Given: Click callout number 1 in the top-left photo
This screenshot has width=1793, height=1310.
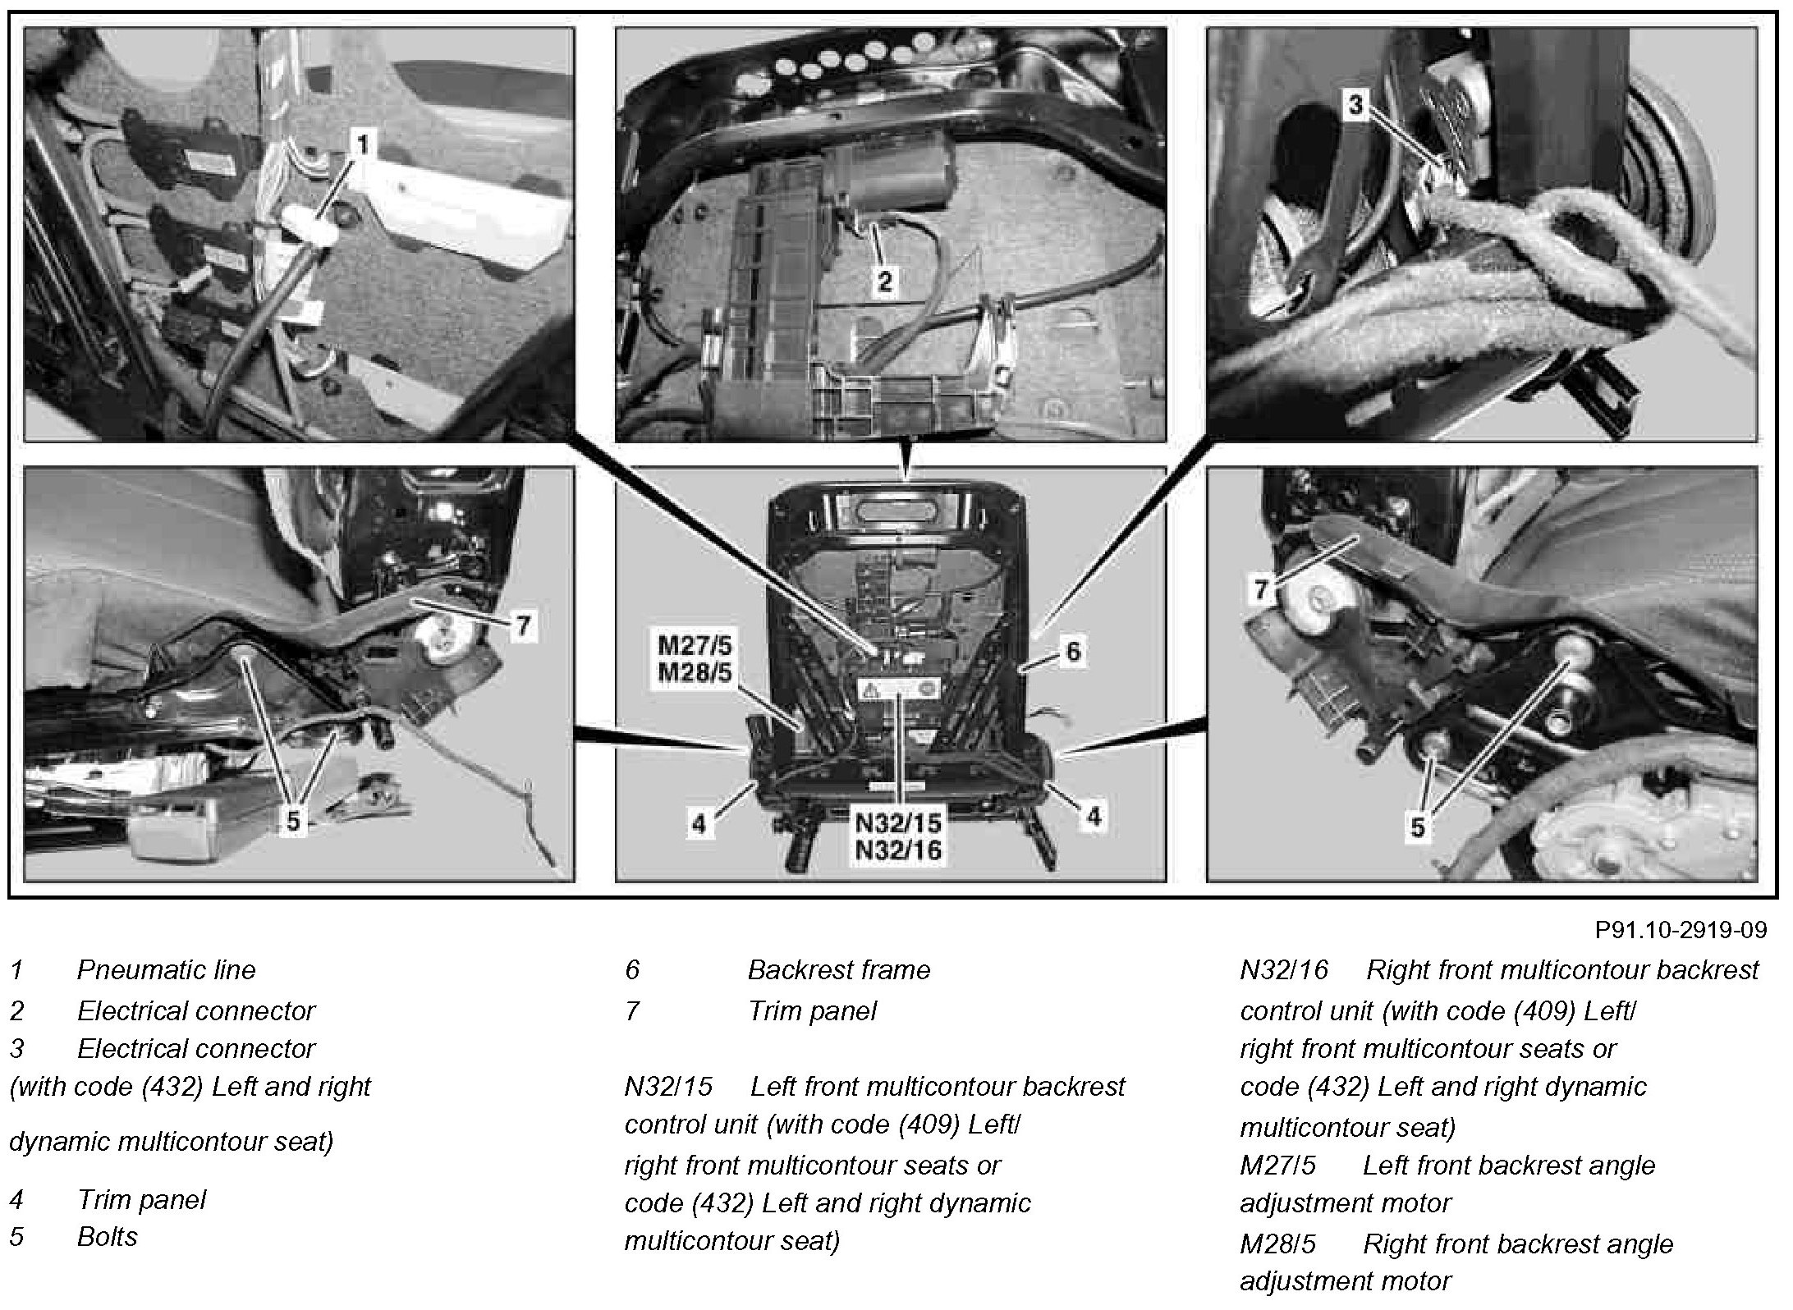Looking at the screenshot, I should tap(361, 145).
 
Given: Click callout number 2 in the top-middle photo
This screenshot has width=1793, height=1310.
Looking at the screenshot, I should tap(884, 281).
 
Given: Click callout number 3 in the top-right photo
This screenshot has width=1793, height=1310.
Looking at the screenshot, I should tap(1355, 104).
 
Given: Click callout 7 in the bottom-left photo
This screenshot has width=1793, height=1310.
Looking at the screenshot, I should tap(523, 626).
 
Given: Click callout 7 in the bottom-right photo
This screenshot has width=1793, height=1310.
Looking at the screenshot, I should tap(1262, 589).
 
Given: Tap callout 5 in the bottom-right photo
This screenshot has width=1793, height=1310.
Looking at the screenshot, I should tap(1418, 827).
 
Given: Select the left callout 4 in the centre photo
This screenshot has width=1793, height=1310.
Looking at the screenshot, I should tap(698, 823).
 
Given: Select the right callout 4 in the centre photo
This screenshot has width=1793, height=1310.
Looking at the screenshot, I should tap(1093, 816).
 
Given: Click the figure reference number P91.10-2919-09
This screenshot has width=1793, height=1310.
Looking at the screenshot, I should tap(1681, 930).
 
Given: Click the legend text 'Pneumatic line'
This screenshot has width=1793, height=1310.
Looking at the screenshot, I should tap(166, 970).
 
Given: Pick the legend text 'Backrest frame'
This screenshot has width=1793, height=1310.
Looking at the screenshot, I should tap(838, 970).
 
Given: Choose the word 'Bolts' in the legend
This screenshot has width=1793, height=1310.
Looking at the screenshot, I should tap(107, 1236).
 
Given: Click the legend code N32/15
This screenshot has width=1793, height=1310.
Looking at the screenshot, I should tap(668, 1087).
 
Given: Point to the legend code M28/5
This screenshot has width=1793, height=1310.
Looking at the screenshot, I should tap(1277, 1244).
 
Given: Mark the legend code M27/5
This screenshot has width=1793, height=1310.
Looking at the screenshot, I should tap(1277, 1165).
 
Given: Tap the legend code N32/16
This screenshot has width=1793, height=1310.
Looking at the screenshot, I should tap(1283, 970).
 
